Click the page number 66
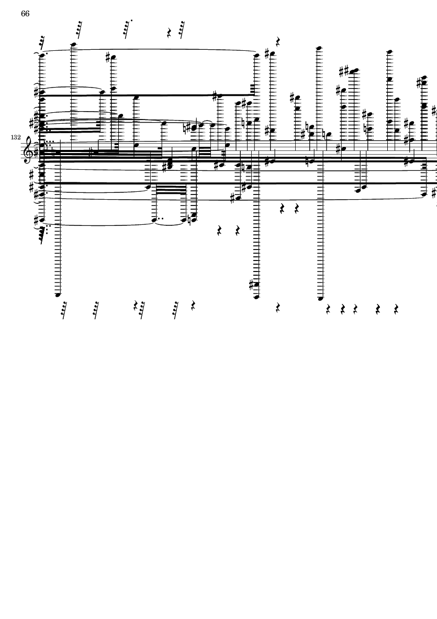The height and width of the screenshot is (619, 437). [x=25, y=14]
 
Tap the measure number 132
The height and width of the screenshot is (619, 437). [x=16, y=137]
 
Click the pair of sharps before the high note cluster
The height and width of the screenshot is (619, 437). [x=344, y=72]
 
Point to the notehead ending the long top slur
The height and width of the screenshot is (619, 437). [x=256, y=56]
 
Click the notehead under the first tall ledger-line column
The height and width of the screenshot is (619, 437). [x=58, y=295]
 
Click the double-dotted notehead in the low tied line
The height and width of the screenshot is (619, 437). [x=154, y=220]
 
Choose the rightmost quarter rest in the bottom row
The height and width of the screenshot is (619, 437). [x=396, y=309]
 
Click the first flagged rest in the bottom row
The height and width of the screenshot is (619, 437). [x=63, y=310]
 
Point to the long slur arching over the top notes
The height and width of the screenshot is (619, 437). [x=150, y=50]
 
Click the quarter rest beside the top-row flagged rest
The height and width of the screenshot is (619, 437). [x=169, y=33]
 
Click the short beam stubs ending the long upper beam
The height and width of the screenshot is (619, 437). [x=253, y=90]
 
